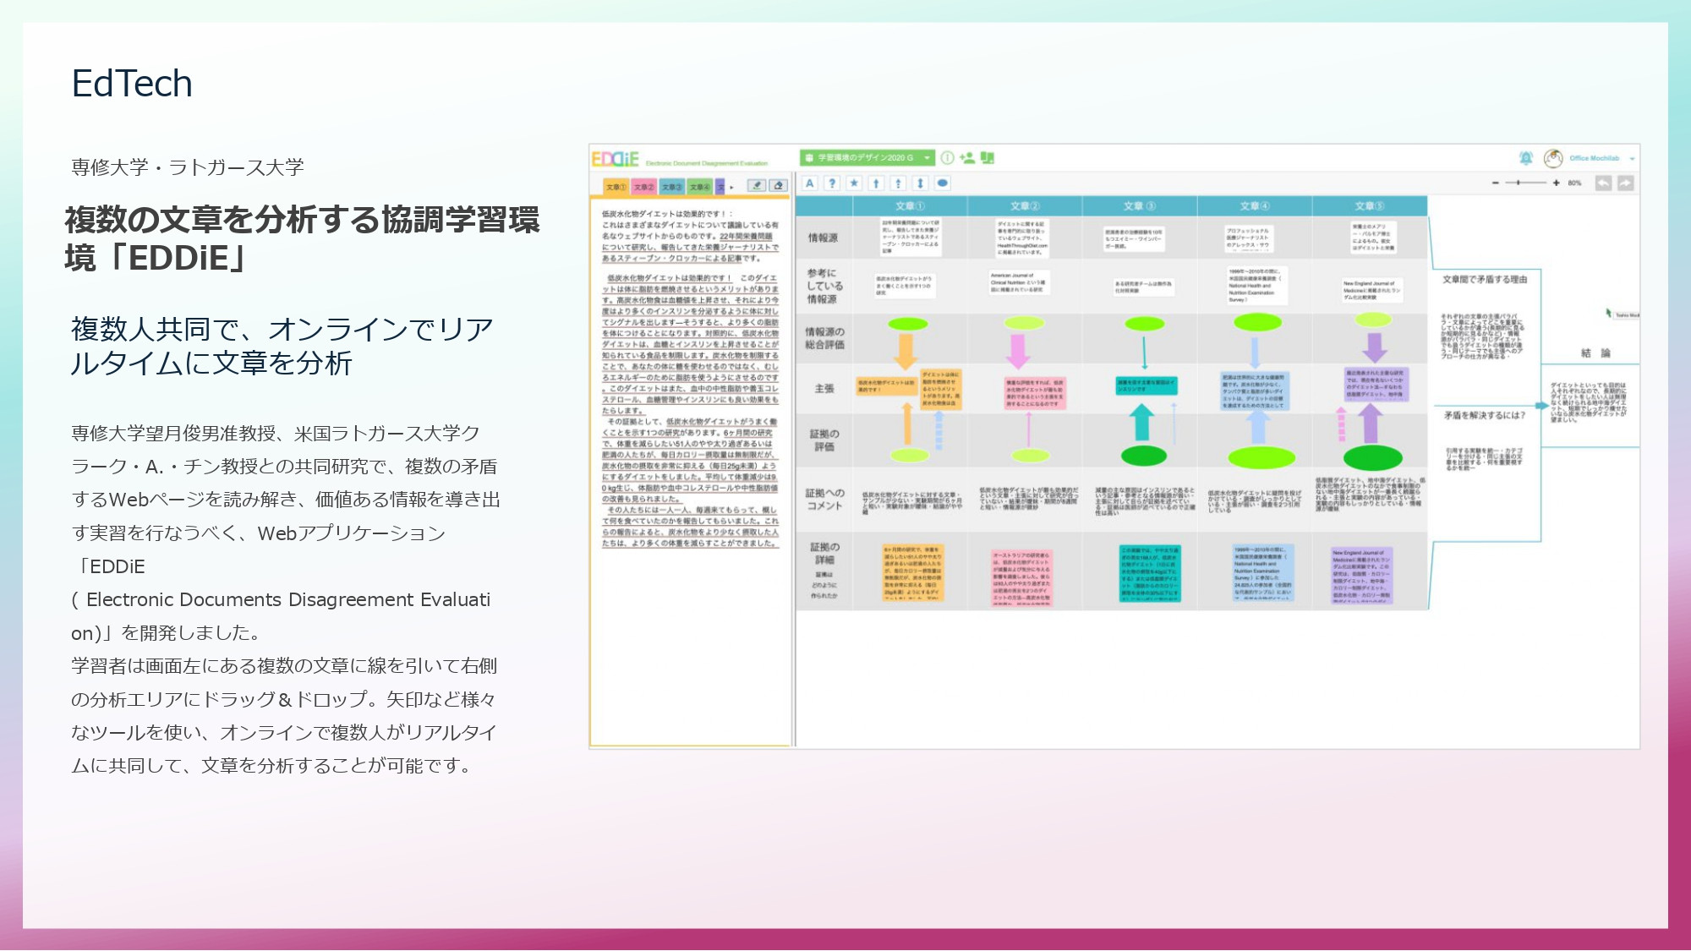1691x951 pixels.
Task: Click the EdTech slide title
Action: (132, 84)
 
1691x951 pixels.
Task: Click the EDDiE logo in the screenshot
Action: (615, 159)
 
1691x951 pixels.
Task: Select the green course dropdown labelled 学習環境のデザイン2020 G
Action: (866, 158)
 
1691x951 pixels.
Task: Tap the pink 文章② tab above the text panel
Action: (643, 187)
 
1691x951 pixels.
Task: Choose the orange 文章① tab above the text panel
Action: (616, 187)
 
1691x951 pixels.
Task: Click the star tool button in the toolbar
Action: (854, 183)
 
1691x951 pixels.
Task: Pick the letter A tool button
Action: (810, 183)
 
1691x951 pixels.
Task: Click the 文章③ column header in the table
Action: (1139, 206)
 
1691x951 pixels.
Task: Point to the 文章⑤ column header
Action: (1370, 206)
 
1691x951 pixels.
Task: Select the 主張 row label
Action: (824, 389)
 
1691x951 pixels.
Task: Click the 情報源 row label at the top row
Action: (823, 238)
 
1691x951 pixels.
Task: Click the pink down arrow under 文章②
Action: (1018, 350)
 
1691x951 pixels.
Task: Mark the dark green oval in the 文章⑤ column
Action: (1373, 458)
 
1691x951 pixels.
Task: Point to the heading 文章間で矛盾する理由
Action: (1485, 280)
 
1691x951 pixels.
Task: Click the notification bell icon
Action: (1526, 158)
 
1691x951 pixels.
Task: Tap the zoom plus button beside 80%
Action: (1556, 183)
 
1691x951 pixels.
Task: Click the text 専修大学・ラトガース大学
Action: (188, 167)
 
